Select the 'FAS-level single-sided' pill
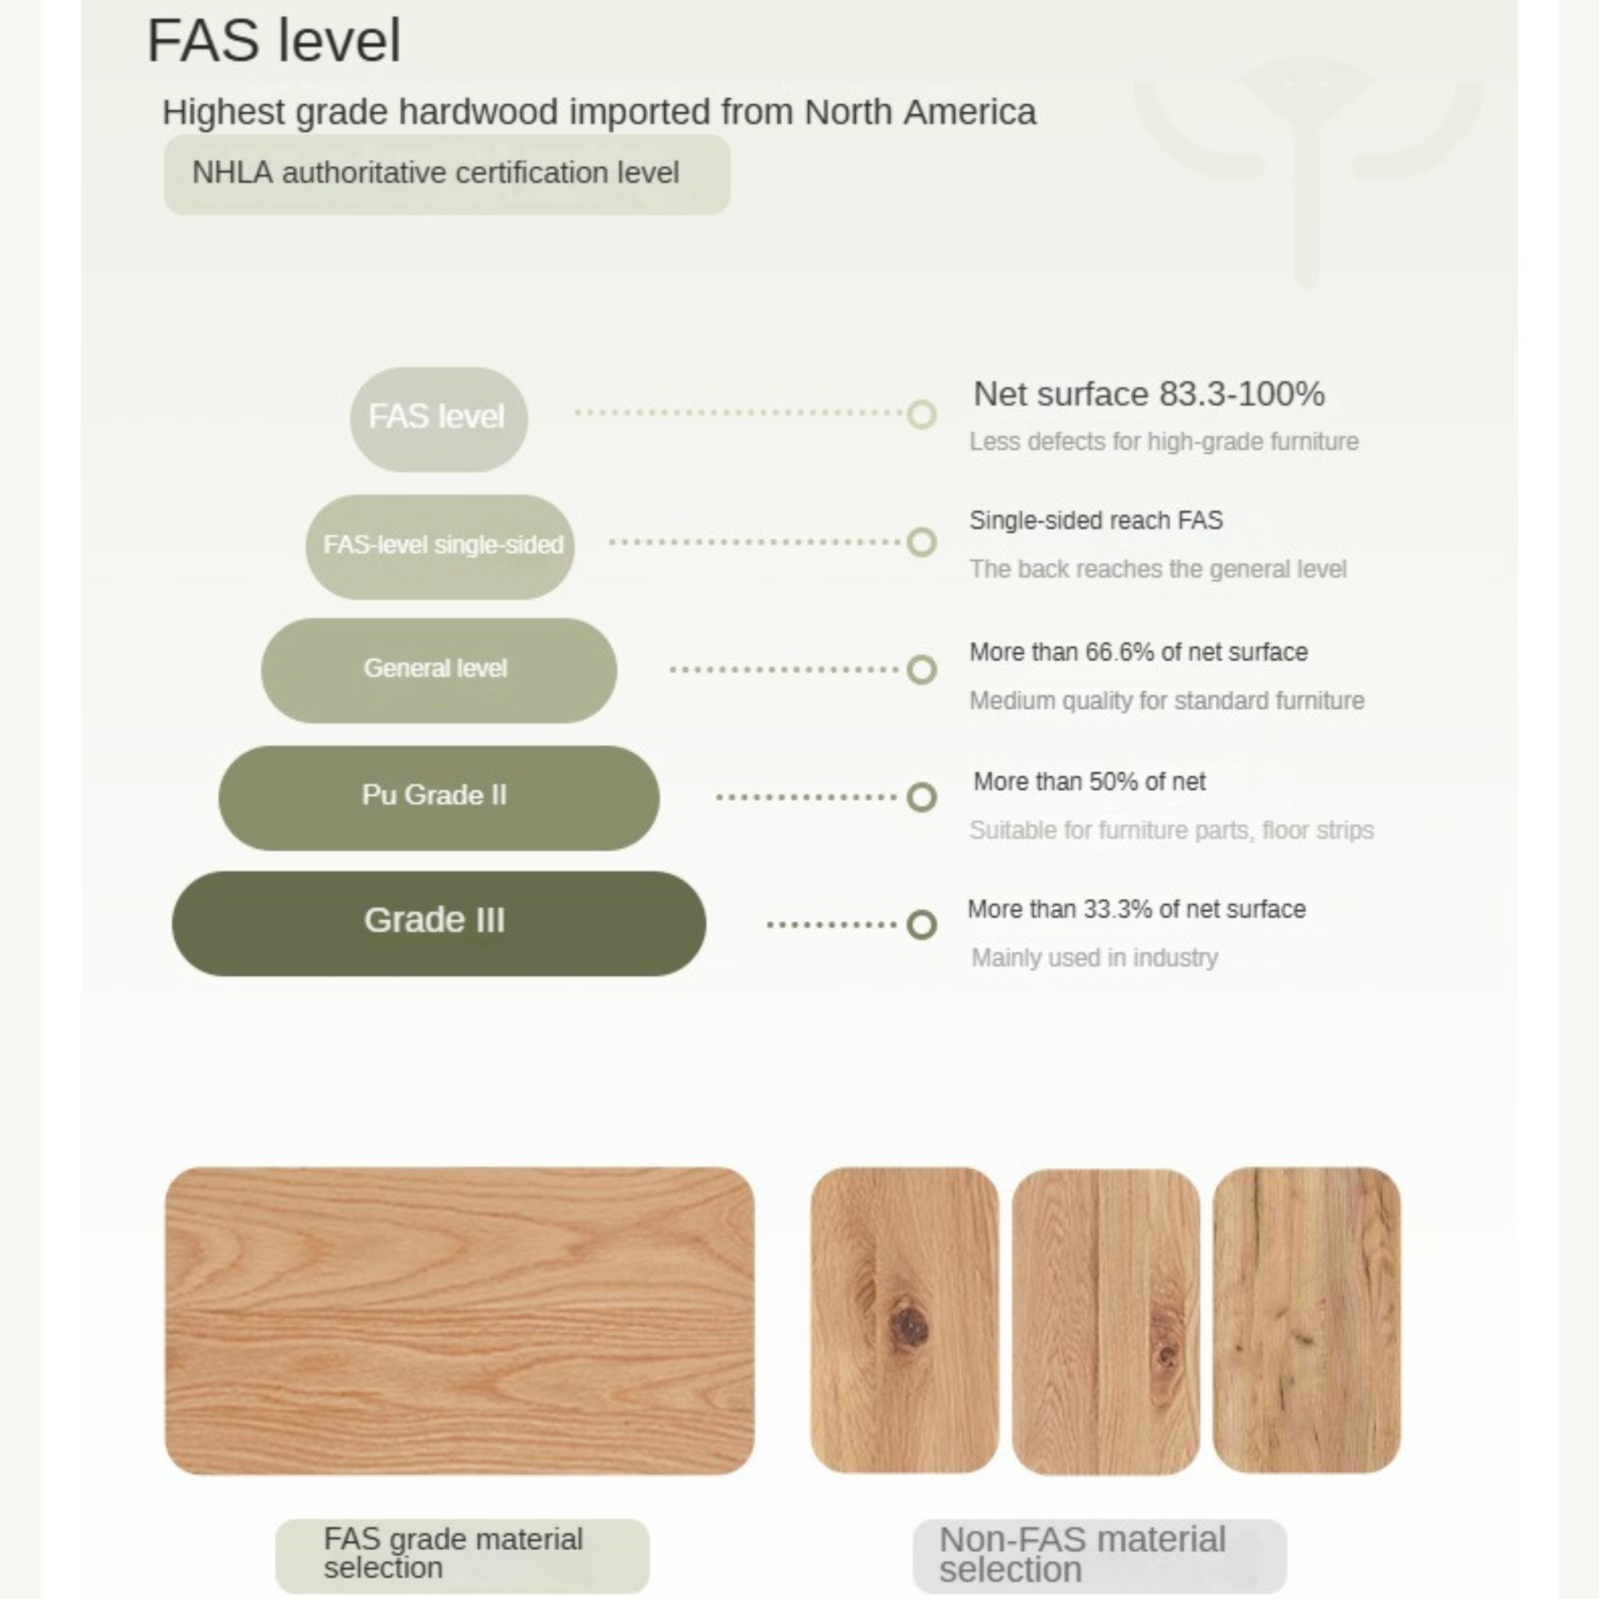click(x=440, y=546)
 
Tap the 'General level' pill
click(x=439, y=670)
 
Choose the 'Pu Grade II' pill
click(x=439, y=798)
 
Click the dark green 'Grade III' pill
click(x=439, y=923)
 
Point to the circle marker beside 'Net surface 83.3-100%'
click(x=921, y=414)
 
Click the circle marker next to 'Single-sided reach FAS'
click(x=921, y=542)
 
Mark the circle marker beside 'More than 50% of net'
click(x=921, y=797)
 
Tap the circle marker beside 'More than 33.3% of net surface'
click(x=921, y=924)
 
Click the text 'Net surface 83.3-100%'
click(x=1149, y=394)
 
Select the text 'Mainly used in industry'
click(x=1094, y=958)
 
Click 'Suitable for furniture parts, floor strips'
click(x=1171, y=830)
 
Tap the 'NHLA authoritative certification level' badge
click(x=447, y=175)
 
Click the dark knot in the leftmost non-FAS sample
click(x=910, y=1327)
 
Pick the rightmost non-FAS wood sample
click(x=1307, y=1321)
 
